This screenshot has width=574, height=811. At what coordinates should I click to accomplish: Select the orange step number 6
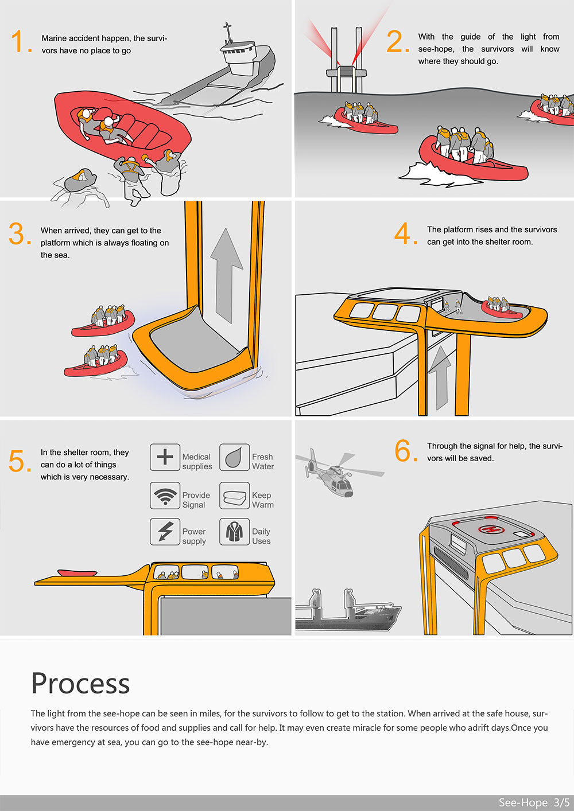pyautogui.click(x=405, y=451)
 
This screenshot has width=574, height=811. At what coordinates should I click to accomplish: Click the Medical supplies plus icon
pyautogui.click(x=165, y=457)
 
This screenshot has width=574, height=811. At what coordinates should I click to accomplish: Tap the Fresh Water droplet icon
pyautogui.click(x=234, y=457)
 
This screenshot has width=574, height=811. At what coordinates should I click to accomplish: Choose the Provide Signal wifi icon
pyautogui.click(x=165, y=496)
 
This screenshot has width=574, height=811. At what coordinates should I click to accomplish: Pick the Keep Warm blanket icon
pyautogui.click(x=234, y=496)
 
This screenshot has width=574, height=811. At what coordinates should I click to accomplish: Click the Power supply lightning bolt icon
pyautogui.click(x=165, y=531)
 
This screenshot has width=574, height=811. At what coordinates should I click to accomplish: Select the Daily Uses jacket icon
pyautogui.click(x=234, y=531)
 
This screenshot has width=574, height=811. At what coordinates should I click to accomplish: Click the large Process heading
pyautogui.click(x=80, y=683)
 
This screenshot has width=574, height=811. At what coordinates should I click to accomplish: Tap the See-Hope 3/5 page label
pyautogui.click(x=533, y=802)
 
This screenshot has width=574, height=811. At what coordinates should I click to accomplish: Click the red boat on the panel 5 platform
pyautogui.click(x=77, y=572)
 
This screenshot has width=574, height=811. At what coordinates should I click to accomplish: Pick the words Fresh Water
pyautogui.click(x=263, y=462)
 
